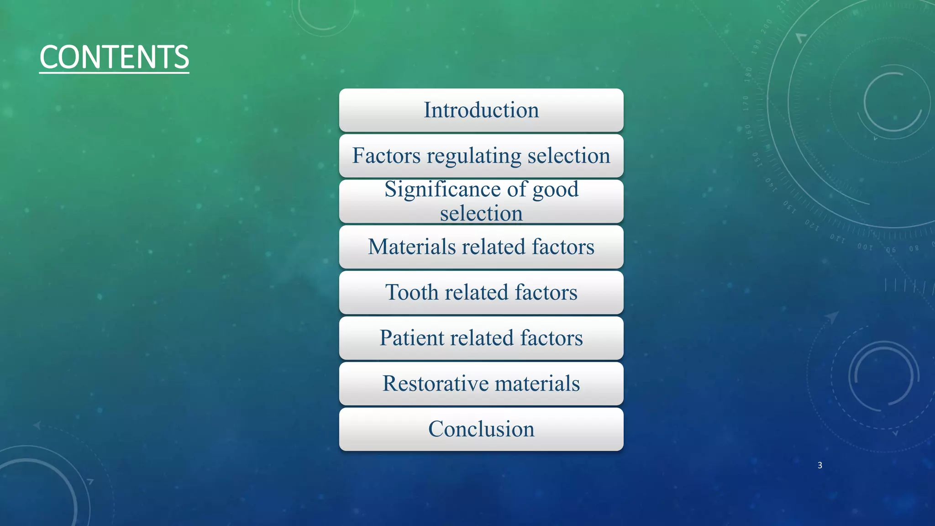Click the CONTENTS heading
[x=114, y=57]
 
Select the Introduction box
[x=481, y=110]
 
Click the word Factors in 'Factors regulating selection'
[x=386, y=156]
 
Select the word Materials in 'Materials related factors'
[x=412, y=247]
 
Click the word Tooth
[x=412, y=292]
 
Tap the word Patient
[x=411, y=338]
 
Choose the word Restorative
[x=435, y=384]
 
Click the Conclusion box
[x=481, y=429]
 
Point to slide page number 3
[x=820, y=465]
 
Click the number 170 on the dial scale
[x=746, y=104]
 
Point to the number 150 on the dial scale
[x=756, y=159]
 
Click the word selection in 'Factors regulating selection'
[x=569, y=156]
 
